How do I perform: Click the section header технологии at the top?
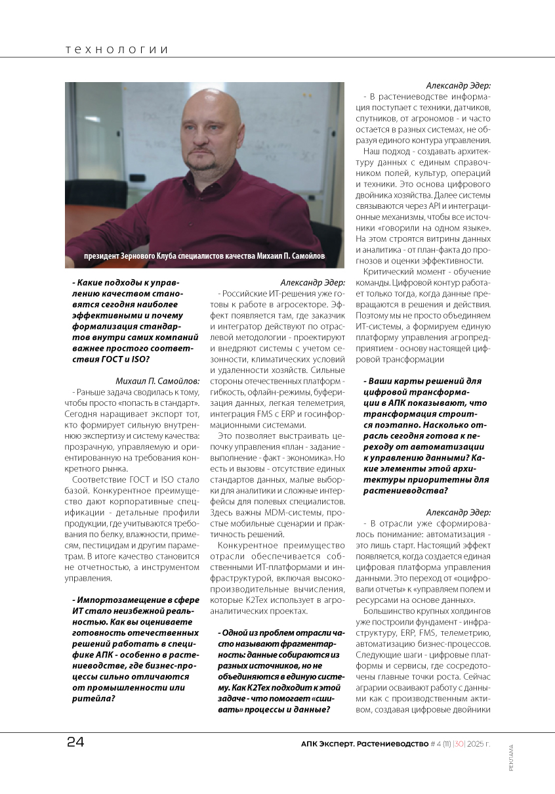pyautogui.click(x=117, y=50)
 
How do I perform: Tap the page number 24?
pyautogui.click(x=75, y=743)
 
